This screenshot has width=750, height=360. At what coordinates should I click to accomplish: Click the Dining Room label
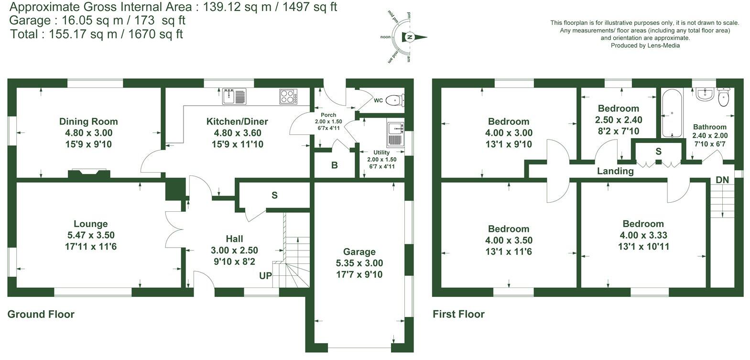click(88, 121)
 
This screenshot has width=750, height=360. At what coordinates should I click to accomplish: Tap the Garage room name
click(359, 252)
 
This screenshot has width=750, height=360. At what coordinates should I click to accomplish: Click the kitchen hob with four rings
click(288, 97)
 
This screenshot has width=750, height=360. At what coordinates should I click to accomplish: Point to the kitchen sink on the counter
click(234, 97)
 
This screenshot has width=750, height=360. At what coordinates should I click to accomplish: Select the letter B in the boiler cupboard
click(335, 166)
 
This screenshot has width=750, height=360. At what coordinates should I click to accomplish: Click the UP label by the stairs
click(266, 276)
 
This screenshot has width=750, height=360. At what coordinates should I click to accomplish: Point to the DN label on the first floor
click(722, 180)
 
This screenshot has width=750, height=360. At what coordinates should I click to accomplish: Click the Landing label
click(615, 171)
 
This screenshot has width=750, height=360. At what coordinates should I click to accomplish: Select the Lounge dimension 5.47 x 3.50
click(91, 235)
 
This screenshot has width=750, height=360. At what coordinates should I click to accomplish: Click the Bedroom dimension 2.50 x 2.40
click(619, 120)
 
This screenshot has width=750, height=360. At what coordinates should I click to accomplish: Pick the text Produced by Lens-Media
click(645, 45)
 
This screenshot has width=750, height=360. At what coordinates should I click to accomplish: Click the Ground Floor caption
click(41, 315)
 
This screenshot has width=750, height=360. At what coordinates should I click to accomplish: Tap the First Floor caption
click(458, 315)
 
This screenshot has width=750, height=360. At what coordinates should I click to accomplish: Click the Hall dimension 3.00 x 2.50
click(234, 250)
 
